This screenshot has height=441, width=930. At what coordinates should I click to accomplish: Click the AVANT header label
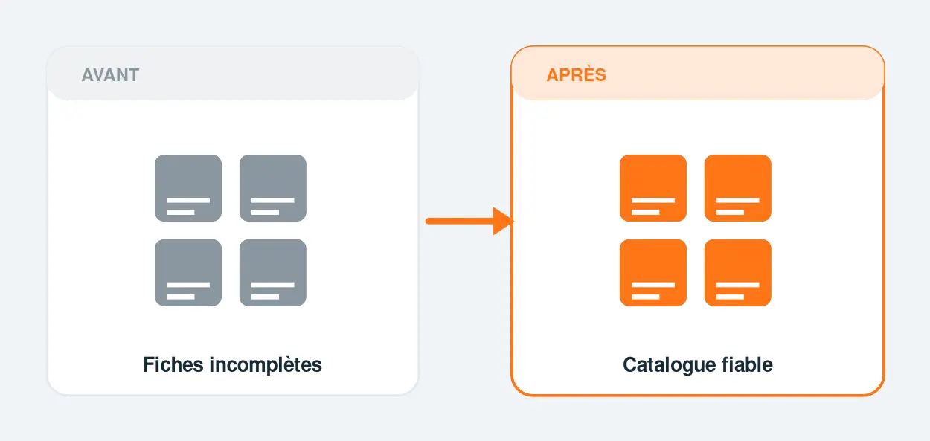[110, 75]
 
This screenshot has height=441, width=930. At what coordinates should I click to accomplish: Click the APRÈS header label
[577, 74]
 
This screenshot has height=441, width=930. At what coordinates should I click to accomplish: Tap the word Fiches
[173, 364]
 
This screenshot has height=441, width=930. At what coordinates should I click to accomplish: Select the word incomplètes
[266, 365]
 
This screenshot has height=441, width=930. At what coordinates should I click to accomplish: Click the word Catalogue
[669, 365]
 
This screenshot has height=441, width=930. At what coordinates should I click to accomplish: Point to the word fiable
[747, 364]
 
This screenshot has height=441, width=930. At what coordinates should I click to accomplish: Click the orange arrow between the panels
[469, 221]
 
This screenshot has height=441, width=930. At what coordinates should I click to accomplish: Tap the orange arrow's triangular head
[503, 221]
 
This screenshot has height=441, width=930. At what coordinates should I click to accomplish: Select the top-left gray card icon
[188, 188]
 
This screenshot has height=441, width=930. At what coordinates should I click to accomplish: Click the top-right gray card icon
[273, 188]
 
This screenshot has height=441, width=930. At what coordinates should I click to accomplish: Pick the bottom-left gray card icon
[188, 273]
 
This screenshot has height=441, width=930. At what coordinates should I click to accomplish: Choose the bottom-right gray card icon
[273, 273]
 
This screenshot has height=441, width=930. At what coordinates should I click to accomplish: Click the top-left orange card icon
[653, 188]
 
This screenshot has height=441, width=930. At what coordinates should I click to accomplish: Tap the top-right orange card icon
[738, 188]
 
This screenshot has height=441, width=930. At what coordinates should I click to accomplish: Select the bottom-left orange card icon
[653, 273]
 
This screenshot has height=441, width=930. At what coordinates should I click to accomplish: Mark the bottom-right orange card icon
[738, 273]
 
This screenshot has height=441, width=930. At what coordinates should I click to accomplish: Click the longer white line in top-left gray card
[188, 200]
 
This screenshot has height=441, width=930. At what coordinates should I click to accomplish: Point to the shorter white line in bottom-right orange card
[730, 297]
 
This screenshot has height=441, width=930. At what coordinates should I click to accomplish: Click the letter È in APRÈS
[586, 74]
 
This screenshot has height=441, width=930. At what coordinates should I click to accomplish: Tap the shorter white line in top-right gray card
[265, 212]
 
